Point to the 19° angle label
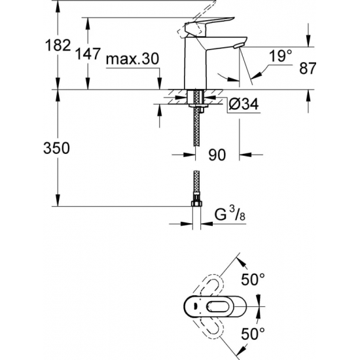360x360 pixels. pyautogui.click(x=280, y=57)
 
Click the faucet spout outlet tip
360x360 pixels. pyautogui.click(x=239, y=44)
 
